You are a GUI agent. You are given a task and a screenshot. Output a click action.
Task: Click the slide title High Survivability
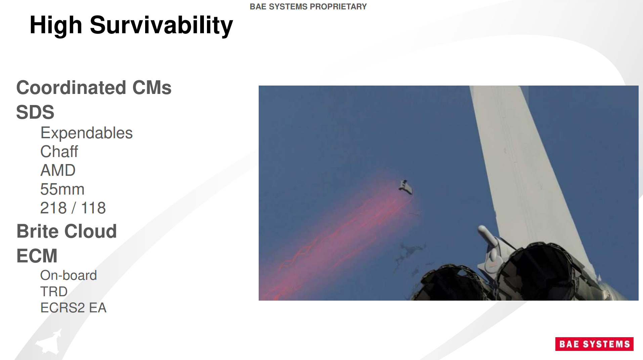131,25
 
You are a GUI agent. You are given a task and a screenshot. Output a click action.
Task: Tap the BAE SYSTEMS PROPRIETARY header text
308,7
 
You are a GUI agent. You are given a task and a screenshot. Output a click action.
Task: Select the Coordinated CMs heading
94,88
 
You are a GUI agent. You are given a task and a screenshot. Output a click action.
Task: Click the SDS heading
35,112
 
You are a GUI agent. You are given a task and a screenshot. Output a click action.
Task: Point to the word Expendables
86,133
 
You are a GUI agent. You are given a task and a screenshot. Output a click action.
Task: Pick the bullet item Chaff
59,152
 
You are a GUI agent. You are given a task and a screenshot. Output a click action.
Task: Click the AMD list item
58,170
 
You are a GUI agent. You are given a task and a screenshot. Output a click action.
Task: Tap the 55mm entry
62,189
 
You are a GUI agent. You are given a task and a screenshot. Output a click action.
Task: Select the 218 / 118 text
73,208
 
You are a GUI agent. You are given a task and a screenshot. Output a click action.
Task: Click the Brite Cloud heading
67,231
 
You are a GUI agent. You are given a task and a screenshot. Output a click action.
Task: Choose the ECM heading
37,256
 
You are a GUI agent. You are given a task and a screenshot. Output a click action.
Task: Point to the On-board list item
69,275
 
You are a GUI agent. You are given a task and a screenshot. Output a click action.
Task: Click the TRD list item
54,292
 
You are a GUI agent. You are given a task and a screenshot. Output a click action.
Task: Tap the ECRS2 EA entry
73,308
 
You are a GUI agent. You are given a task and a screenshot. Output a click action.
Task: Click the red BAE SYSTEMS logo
594,344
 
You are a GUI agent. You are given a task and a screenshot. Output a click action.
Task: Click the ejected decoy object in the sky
406,187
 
